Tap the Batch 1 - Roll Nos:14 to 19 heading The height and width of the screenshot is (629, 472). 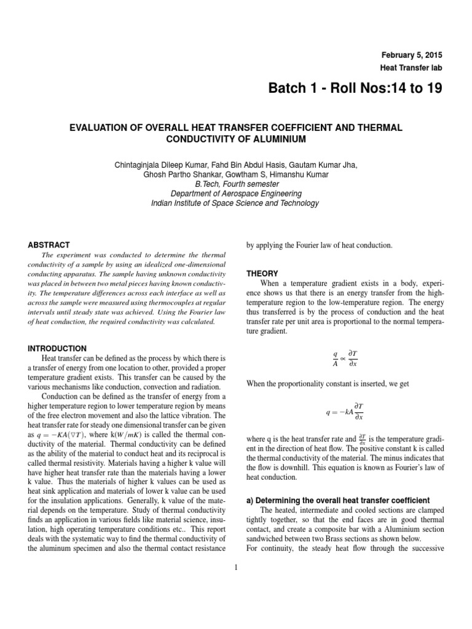pos(355,90)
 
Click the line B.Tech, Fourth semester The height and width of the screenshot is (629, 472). pos(237,184)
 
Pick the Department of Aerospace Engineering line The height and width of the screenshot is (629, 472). pos(237,193)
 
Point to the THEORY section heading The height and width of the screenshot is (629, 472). pos(262,273)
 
